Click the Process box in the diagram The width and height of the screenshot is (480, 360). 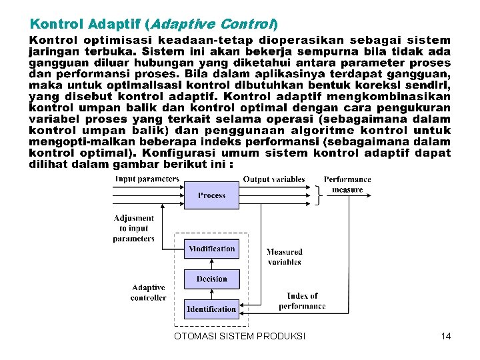pyautogui.click(x=211, y=195)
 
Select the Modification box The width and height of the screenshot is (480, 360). pyautogui.click(x=211, y=249)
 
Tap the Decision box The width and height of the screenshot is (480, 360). pyautogui.click(x=211, y=279)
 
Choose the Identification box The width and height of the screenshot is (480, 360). pyautogui.click(x=211, y=309)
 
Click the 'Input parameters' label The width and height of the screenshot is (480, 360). pyautogui.click(x=147, y=179)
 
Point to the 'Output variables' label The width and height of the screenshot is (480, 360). pyautogui.click(x=274, y=179)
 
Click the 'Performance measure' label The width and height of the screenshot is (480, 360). pyautogui.click(x=347, y=184)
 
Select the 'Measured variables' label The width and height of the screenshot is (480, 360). pyautogui.click(x=284, y=257)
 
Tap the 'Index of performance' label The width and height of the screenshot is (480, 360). pyautogui.click(x=302, y=301)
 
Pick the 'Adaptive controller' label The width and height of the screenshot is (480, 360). pyautogui.click(x=148, y=293)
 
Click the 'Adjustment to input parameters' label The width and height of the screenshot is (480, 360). pyautogui.click(x=133, y=228)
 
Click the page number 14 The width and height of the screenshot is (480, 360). pyautogui.click(x=446, y=336)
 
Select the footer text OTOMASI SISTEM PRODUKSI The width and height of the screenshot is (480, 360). pyautogui.click(x=239, y=336)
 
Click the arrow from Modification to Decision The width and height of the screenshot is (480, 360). pyautogui.click(x=211, y=265)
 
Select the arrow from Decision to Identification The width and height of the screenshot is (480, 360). pyautogui.click(x=211, y=294)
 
